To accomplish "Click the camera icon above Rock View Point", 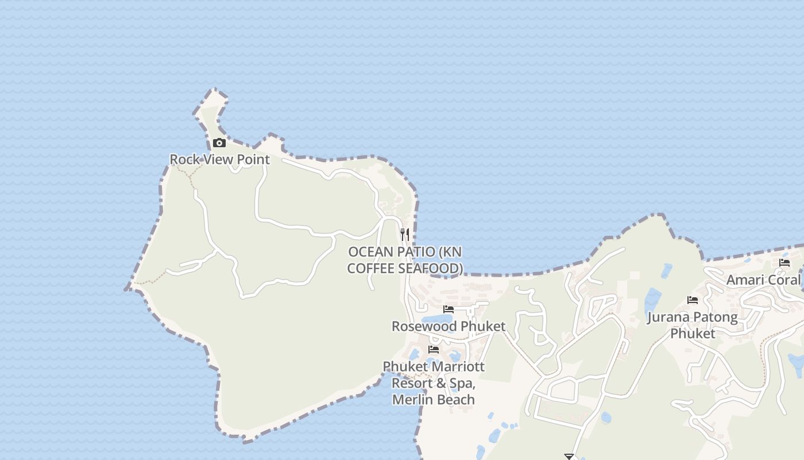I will coord(219,143).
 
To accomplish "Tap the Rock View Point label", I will coord(219,159).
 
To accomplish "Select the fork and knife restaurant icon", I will coord(405,234).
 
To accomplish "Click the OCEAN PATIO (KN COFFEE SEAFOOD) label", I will coord(405,260).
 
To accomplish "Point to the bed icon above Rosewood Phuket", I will coord(449,309).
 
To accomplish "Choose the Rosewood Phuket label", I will coord(449,326).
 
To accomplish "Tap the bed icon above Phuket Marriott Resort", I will coord(434,349).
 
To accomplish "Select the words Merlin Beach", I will coord(434,399).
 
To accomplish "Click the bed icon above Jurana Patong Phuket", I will coord(693,300).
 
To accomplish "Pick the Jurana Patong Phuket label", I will coord(693,325).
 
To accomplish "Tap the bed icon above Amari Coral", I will coord(784,263).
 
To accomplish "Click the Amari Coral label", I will coord(763,280).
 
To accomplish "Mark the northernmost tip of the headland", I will coord(215,89).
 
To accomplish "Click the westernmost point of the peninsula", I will coord(126,288).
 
